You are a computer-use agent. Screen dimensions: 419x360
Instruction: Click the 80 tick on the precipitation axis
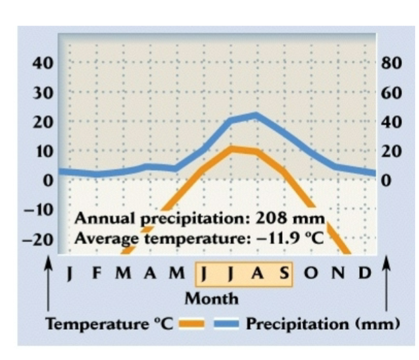tap(391, 63)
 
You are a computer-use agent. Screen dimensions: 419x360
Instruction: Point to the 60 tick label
tap(391, 93)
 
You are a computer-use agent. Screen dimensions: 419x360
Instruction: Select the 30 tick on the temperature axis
tap(43, 93)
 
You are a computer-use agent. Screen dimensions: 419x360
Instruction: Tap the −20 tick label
tap(38, 240)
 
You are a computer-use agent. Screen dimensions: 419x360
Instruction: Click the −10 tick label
tap(39, 210)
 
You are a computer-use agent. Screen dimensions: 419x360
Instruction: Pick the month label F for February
tap(97, 273)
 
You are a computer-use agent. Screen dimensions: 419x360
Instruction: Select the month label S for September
tap(284, 273)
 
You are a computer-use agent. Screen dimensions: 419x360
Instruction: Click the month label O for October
tap(310, 273)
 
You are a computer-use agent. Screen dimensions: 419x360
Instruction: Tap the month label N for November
tap(338, 273)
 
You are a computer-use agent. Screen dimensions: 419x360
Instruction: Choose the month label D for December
tap(365, 273)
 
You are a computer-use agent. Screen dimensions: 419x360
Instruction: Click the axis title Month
tap(211, 299)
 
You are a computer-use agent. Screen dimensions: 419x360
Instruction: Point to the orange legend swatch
tap(191, 324)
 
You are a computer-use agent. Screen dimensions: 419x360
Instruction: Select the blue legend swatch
tap(226, 324)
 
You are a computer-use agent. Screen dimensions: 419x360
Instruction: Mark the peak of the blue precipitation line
tap(257, 116)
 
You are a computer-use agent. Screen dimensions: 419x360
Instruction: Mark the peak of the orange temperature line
tap(232, 149)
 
